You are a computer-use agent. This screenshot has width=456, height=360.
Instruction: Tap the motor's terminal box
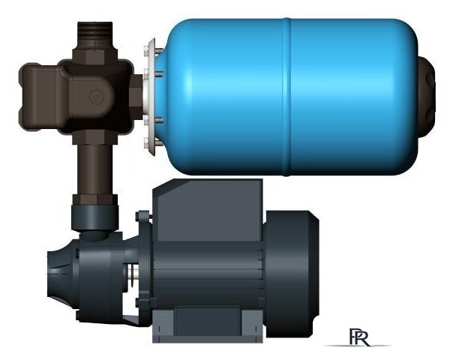pos(207,206)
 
